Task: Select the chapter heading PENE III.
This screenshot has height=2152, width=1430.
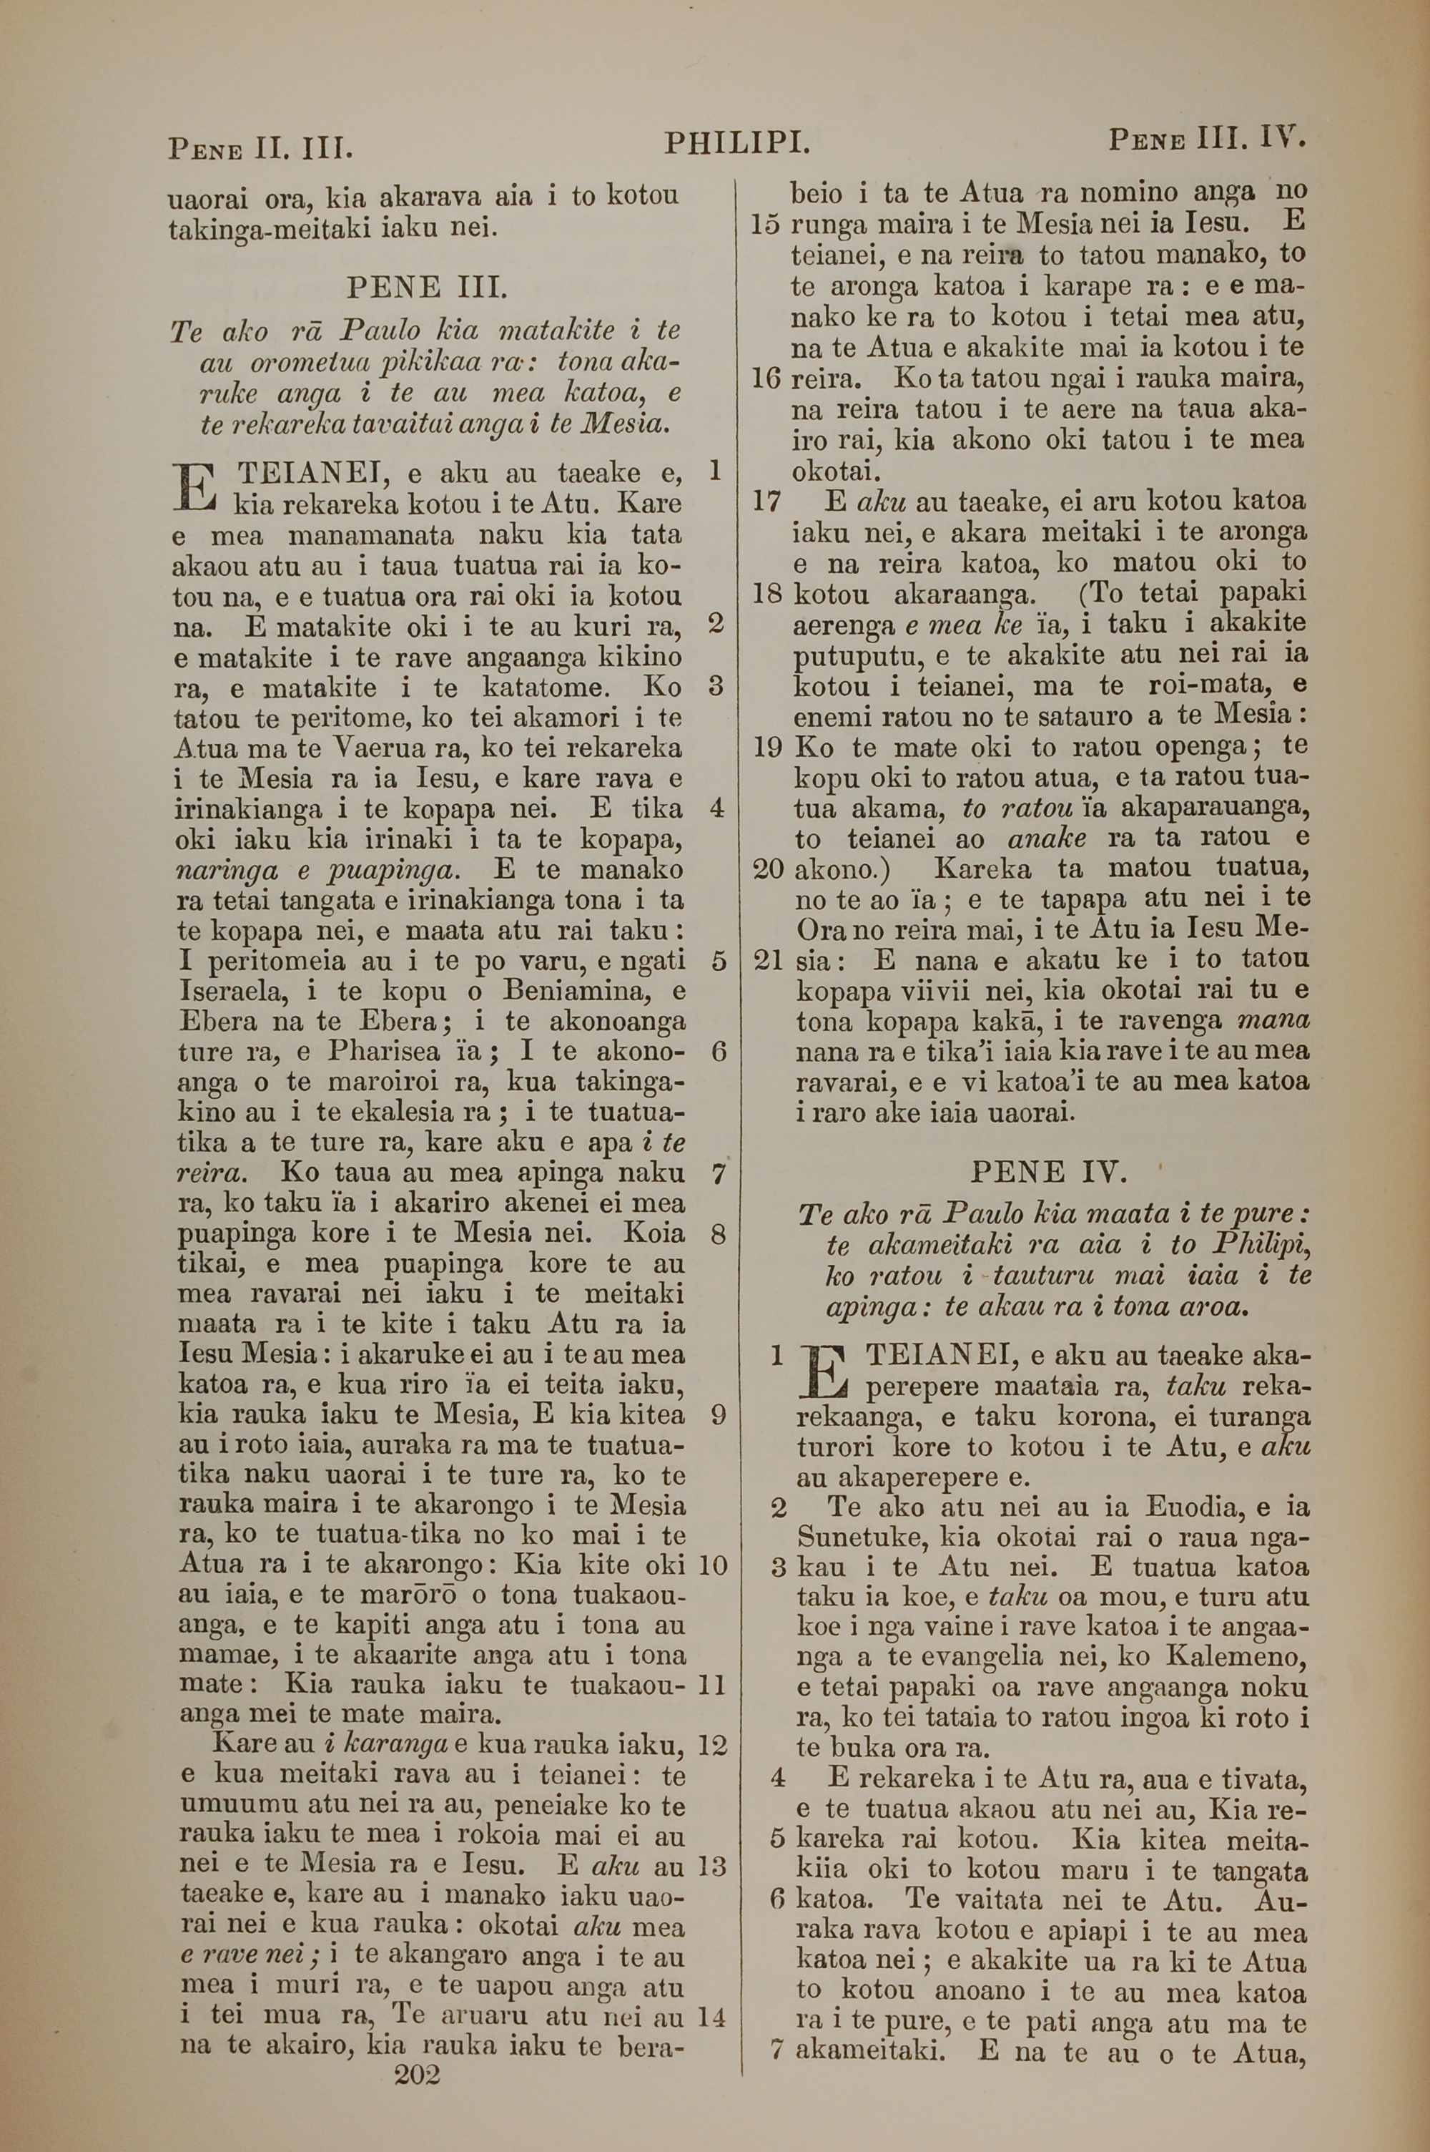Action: coord(425,289)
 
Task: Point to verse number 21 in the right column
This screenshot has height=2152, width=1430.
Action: coord(768,959)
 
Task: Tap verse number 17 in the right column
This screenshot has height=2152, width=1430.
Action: coord(768,501)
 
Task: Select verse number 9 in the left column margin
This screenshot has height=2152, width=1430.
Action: coord(718,1415)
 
